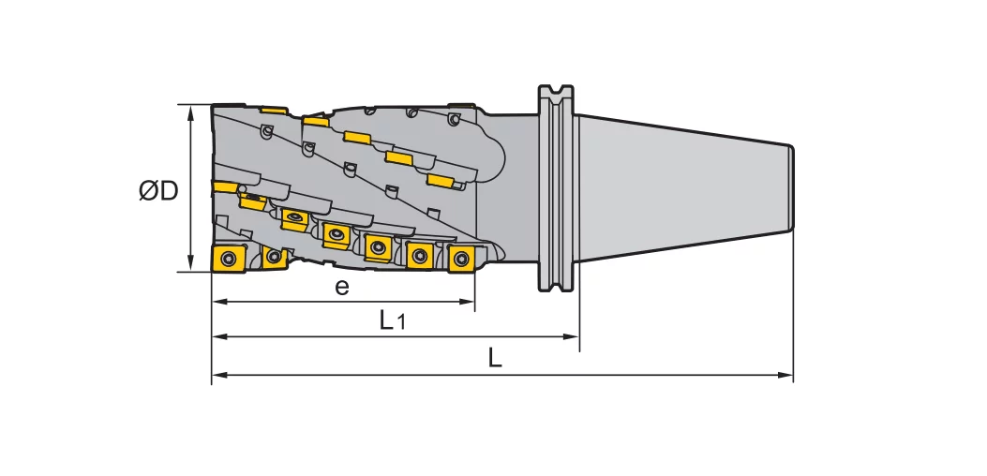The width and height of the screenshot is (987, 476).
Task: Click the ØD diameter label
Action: coord(158,191)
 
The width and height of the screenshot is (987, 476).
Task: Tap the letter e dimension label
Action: coord(342,287)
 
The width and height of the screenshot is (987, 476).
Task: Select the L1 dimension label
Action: coord(392,320)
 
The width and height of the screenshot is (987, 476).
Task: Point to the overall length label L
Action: coord(496,358)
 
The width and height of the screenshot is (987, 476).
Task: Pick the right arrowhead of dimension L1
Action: coord(574,335)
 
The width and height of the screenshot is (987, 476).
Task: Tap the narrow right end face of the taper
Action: coord(793,187)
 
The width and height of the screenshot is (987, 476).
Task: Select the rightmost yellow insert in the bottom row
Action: coord(461,259)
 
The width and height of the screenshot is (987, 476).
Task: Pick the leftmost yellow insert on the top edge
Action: coord(274,110)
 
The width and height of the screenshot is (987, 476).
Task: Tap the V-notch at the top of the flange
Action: coord(555,92)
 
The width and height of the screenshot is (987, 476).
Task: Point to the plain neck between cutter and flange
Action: coord(516,187)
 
